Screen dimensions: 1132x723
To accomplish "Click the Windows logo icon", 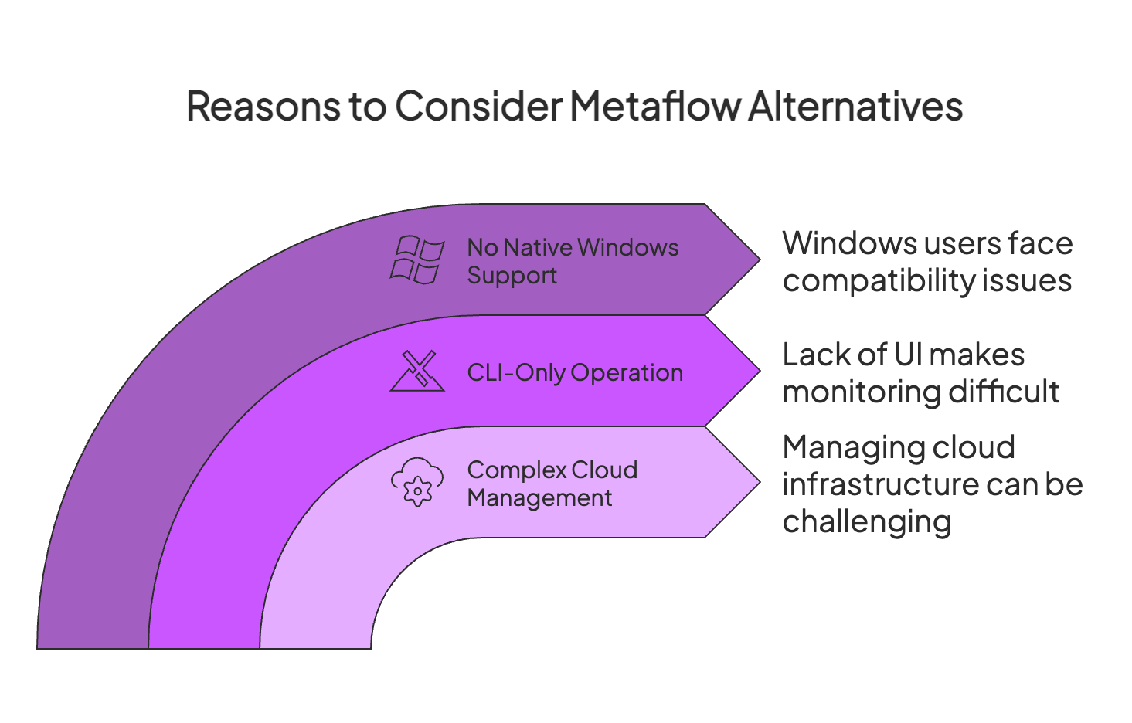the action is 417,260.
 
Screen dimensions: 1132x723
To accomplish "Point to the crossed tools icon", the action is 417,371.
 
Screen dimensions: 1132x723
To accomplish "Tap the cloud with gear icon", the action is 417,482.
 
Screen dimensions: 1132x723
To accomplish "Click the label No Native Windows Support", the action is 573,261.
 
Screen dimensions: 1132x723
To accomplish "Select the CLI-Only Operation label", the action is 575,373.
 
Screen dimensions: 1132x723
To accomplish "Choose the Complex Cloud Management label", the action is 552,484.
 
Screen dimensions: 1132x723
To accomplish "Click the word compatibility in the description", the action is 879,281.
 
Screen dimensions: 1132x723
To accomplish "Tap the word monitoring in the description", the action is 862,392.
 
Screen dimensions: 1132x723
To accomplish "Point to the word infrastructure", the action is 881,484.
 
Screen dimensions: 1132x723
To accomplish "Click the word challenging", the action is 867,522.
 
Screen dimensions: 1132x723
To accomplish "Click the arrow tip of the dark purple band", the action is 760,260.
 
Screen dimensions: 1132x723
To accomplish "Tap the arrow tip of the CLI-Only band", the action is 760,371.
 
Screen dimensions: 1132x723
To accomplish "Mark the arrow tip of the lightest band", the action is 760,482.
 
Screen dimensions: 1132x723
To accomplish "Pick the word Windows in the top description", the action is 849,243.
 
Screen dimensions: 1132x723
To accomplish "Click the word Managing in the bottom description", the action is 853,449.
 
